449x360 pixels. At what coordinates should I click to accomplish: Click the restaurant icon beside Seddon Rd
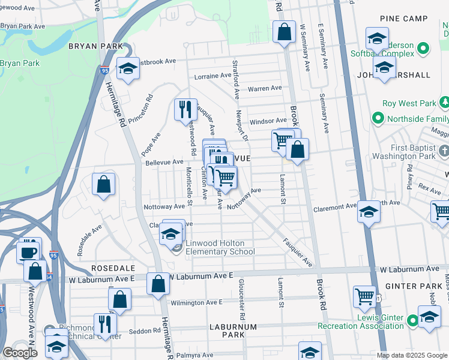(105, 323)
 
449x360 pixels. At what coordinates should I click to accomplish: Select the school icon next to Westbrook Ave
(128, 70)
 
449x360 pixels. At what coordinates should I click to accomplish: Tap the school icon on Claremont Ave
(369, 212)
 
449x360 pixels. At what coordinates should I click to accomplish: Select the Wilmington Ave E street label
(197, 302)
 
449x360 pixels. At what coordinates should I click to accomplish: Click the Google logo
(20, 353)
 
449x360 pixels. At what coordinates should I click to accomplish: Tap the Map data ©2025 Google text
(411, 355)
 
